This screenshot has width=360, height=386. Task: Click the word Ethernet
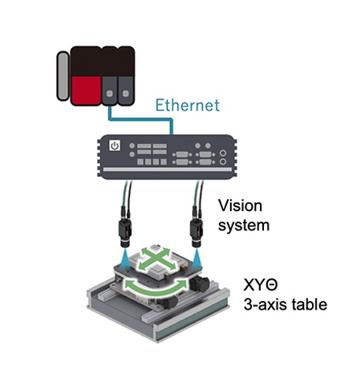[187, 106]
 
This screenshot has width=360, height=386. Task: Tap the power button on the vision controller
[115, 146]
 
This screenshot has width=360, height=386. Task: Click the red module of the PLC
[86, 91]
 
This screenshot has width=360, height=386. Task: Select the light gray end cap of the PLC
[63, 76]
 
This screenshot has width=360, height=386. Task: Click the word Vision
[240, 206]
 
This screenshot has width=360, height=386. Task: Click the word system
[244, 225]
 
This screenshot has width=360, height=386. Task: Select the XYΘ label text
[261, 284]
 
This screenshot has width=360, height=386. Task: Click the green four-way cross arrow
[157, 259]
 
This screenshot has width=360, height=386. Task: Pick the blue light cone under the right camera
[196, 258]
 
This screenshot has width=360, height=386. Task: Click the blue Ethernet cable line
[142, 119]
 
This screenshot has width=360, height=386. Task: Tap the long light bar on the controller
[167, 169]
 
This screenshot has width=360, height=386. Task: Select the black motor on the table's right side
[199, 284]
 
